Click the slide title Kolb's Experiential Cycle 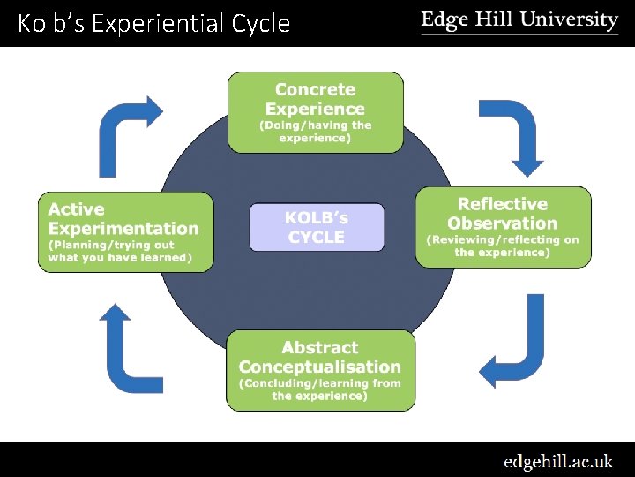(x=153, y=23)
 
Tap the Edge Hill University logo (x=519, y=21)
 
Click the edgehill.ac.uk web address (x=557, y=461)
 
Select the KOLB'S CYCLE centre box (x=316, y=227)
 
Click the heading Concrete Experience (x=315, y=99)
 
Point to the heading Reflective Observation (x=503, y=214)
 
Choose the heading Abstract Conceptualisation (x=319, y=357)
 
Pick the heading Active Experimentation (x=123, y=219)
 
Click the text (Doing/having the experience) (x=315, y=132)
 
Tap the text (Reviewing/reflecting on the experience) (x=503, y=246)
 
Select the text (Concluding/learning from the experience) (x=319, y=390)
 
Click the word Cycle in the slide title (x=261, y=23)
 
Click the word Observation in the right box (x=503, y=223)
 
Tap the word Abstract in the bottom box (x=319, y=348)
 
